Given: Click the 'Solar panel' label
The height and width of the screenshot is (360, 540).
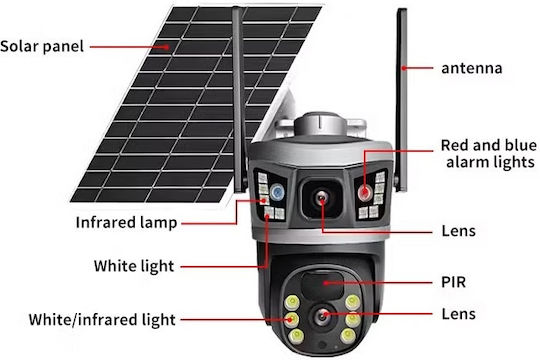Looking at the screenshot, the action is point(42,47).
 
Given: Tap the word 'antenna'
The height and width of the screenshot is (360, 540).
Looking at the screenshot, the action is point(471,68).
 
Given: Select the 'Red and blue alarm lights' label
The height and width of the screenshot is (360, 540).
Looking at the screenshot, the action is point(489,154).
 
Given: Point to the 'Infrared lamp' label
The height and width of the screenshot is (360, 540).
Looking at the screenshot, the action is point(126,223).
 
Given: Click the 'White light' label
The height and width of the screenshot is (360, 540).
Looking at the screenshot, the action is point(134,266).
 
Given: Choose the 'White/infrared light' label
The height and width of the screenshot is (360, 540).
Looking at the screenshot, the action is point(102,320).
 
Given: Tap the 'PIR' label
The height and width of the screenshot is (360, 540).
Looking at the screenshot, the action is point(454,282).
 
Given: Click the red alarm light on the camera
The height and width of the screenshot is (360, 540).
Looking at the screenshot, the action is point(364,192).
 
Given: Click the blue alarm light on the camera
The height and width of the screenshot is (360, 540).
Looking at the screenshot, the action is point(277,192).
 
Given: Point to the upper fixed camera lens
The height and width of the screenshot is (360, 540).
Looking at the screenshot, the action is point(322,198).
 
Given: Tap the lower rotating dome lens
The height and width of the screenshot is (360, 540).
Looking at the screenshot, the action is point(323,315).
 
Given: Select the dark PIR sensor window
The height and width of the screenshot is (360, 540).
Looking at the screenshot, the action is point(322,284).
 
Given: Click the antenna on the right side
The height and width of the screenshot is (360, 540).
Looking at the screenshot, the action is point(401,100).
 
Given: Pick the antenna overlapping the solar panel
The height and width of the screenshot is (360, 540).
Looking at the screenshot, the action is point(240,100).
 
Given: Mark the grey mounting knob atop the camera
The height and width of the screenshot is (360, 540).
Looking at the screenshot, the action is point(319,124).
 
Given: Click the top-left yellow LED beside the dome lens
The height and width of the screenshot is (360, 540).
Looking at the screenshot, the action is point(292,302).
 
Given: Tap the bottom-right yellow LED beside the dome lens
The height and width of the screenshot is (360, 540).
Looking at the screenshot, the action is point(348,335).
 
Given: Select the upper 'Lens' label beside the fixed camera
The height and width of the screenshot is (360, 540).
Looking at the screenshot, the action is point(459,231).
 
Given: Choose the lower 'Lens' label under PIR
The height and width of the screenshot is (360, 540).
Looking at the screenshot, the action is point(459,314).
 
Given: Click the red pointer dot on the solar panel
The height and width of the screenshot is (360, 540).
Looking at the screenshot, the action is point(167,47).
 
